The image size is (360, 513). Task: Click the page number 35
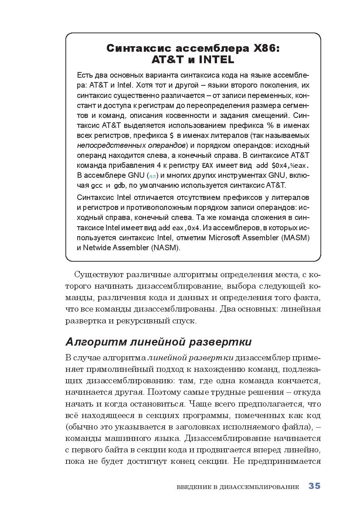tap(314, 486)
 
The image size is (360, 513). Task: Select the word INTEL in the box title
tap(216, 60)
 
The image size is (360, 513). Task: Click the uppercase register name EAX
tap(207, 166)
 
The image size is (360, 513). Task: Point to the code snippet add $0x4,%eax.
tap(282, 166)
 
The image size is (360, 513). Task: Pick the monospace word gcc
tap(97, 186)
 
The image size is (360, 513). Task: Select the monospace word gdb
tap(119, 186)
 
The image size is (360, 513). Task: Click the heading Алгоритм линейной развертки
tap(159, 342)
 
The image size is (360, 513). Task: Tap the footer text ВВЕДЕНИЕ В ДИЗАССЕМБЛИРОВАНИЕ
tap(238, 487)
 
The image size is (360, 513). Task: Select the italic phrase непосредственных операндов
tap(131, 145)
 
